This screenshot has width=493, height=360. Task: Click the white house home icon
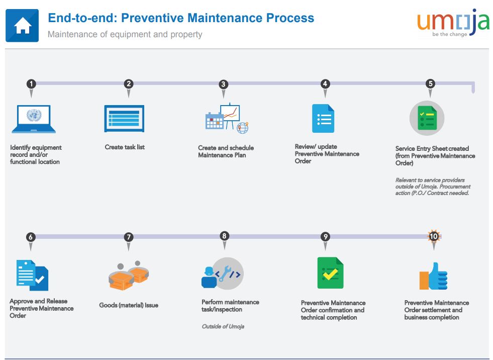point(22,26)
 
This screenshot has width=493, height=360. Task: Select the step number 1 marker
point(31,84)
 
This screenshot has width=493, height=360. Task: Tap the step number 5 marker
point(430,83)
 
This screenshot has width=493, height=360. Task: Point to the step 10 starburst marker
point(434,236)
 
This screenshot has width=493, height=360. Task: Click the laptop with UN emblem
point(34,119)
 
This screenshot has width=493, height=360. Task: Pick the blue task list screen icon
point(124,118)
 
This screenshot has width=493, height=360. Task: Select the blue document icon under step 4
point(323,118)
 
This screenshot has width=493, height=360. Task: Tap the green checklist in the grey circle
point(427,118)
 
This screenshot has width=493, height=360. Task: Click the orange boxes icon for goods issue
point(129,276)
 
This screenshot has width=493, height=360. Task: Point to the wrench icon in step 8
point(225,274)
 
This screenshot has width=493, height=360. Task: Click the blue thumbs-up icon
point(434,276)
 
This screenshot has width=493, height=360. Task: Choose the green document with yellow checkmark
point(330,273)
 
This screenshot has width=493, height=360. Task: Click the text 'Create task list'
point(125,147)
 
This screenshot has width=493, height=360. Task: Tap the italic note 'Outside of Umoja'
point(223,326)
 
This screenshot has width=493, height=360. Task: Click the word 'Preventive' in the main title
point(152,18)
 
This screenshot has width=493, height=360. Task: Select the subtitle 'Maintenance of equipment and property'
point(125,34)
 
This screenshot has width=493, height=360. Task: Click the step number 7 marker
point(128,237)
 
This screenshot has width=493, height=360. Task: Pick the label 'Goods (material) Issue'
point(129,305)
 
